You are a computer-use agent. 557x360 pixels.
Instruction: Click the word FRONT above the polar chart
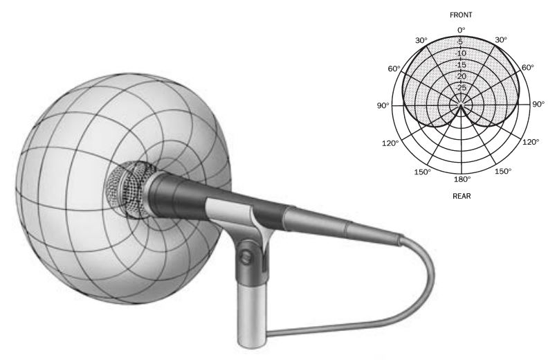[x=462, y=14]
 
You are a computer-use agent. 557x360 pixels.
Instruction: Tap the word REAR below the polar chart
[x=462, y=195]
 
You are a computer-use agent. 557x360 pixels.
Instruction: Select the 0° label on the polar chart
[x=462, y=30]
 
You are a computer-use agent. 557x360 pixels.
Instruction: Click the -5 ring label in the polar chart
[x=461, y=41]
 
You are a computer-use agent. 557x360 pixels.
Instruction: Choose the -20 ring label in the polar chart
[x=461, y=76]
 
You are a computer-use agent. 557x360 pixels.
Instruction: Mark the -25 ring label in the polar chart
[x=461, y=87]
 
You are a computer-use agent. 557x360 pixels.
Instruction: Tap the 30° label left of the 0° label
[x=421, y=40]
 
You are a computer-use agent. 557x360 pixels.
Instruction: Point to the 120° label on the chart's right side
[x=531, y=143]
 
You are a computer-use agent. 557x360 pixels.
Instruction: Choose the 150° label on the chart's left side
[x=422, y=171]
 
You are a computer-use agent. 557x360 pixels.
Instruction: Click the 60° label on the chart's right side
[x=528, y=68]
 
